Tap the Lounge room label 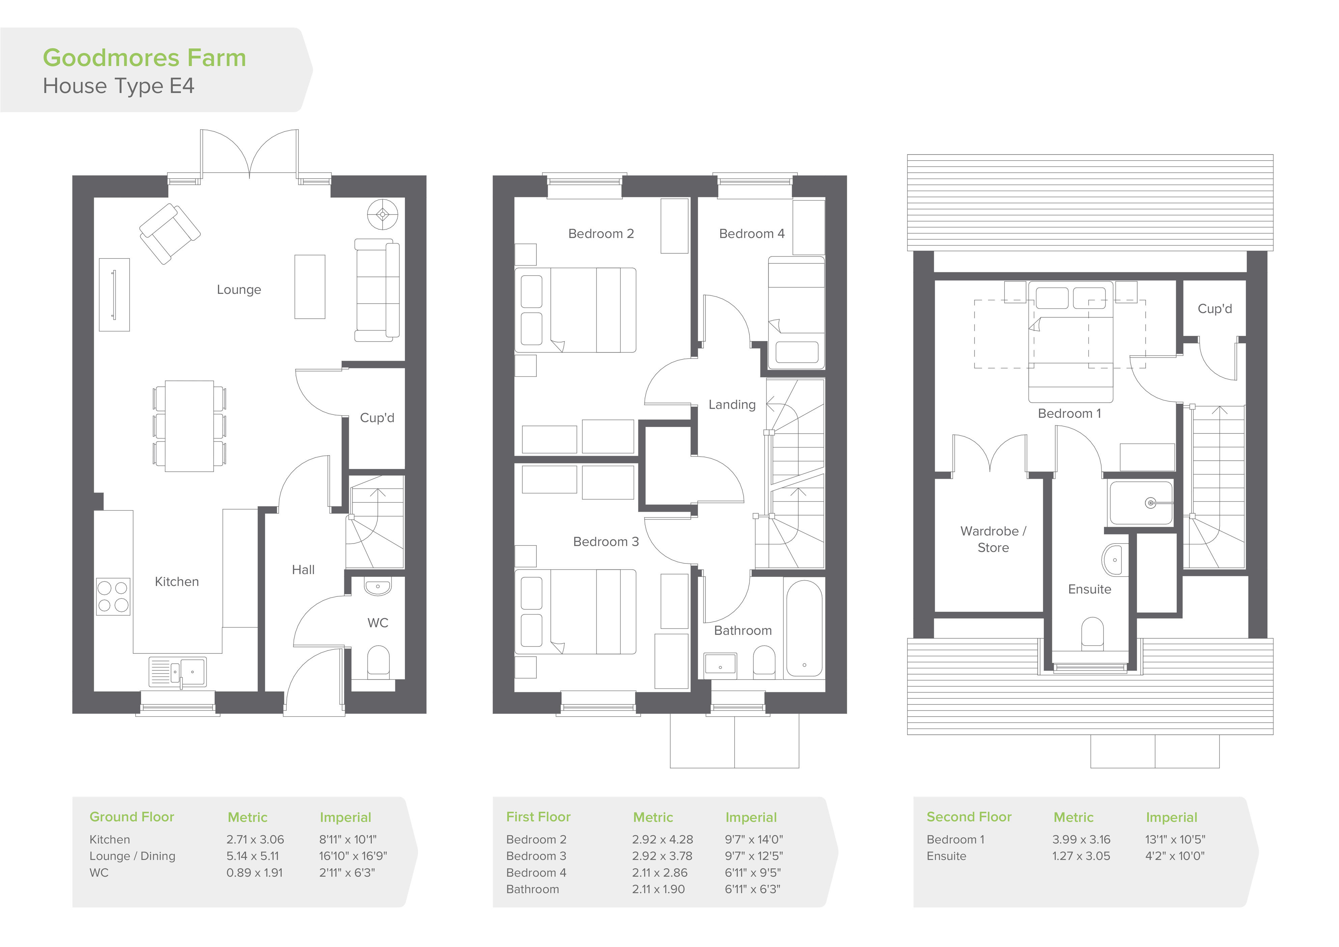pos(239,290)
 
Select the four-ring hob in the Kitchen pos(113,596)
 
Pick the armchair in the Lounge pos(170,233)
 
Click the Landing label pos(732,405)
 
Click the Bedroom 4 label pos(752,234)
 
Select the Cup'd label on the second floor pos(1215,309)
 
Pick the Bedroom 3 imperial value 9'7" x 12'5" pos(753,856)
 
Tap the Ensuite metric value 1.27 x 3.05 pos(1081,856)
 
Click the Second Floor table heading pos(969,817)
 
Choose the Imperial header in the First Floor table pos(751,817)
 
